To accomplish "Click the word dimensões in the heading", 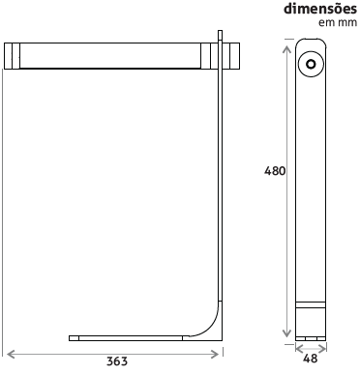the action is click(320, 9).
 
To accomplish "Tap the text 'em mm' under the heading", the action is click(338, 23).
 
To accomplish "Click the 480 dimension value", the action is click(275, 171).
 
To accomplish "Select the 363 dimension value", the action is click(117, 361).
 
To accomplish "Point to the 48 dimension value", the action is click(311, 359).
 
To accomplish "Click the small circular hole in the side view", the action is click(311, 64).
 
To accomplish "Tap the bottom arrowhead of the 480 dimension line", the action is click(286, 332).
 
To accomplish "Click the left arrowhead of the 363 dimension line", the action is click(12, 354).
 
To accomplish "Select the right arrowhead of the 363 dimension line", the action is click(214, 354).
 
